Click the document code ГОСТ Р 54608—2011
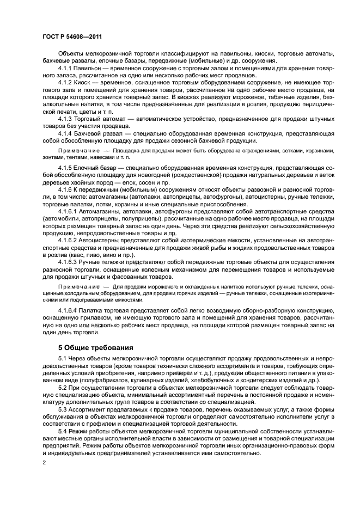tap(72, 37)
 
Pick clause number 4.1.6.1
tap(69, 210)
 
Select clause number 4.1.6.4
tap(69, 310)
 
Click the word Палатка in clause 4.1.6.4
tap(94, 310)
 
